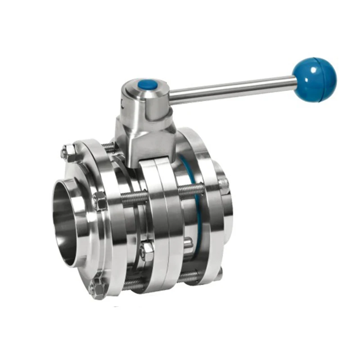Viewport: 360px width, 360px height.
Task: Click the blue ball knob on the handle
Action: click(314, 79)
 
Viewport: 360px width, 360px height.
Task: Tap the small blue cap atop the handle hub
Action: click(148, 85)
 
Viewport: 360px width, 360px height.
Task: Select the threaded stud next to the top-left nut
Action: click(108, 147)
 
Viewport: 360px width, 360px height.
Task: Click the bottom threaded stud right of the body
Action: click(189, 276)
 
